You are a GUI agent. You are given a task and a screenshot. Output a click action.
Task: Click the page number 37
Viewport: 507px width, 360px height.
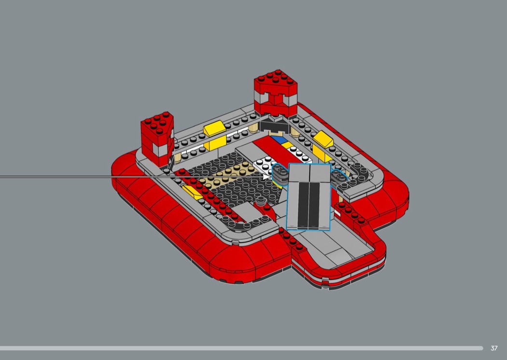coord(494,348)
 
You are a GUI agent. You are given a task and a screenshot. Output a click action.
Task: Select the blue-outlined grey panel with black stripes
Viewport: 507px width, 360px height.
coord(309,197)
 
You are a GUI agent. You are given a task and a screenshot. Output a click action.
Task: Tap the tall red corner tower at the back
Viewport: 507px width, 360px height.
coord(276,94)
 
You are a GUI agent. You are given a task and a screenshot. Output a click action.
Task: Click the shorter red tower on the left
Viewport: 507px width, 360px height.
coord(157,138)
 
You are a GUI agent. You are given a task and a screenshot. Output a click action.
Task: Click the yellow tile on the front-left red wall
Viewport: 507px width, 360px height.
coord(192,192)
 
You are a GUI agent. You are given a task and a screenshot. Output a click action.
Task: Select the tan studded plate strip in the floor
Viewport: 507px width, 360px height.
coord(226,176)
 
